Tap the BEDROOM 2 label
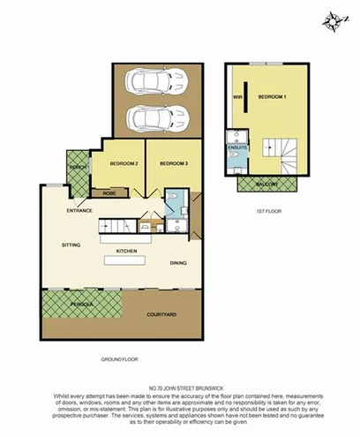coord(124,164)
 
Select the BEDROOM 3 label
coord(175,164)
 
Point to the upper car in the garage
coord(154,83)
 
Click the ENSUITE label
coord(238,147)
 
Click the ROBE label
coord(109,192)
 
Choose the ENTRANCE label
coord(80,212)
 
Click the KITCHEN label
coord(126,252)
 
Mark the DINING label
coord(178,262)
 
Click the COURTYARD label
coord(161,313)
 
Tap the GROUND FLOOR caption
coord(122,359)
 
